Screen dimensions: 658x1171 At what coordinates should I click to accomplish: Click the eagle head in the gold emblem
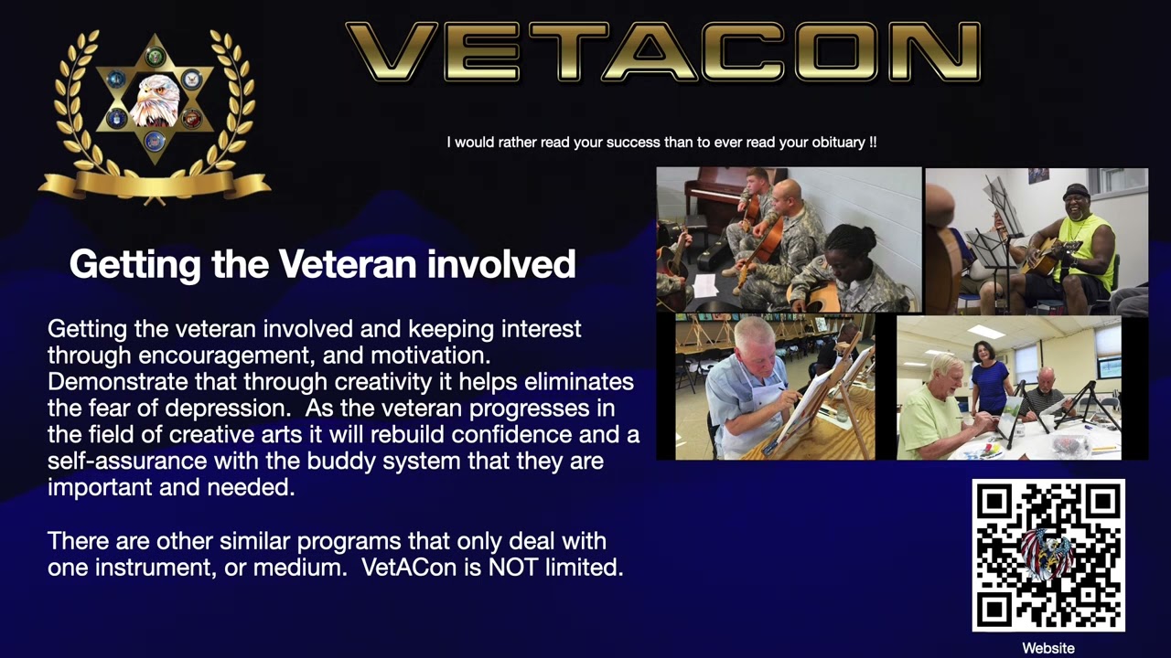154,99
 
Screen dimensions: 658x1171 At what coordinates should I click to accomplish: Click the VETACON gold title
662,53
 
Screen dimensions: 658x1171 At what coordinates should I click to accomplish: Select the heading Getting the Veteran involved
322,264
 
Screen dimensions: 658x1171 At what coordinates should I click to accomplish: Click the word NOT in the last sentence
514,568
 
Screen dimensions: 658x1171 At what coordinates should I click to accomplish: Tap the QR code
1048,555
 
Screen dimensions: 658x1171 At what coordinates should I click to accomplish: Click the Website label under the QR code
1048,648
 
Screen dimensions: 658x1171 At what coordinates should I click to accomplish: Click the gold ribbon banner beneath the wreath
154,185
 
